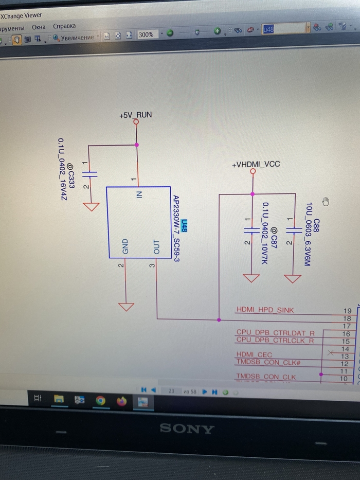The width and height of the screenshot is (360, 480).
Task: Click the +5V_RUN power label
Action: [135, 115]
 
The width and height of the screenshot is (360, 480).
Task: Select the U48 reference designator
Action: [185, 226]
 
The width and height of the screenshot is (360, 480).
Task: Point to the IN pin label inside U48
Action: [139, 194]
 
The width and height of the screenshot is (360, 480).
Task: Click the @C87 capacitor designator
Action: [274, 235]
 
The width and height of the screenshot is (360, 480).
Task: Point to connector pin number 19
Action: [347, 311]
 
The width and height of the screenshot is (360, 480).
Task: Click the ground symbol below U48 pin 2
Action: [125, 307]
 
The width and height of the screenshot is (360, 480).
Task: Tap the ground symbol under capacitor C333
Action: [91, 207]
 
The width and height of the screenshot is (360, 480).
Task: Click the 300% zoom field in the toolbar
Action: [147, 34]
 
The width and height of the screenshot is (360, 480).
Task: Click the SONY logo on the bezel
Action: [186, 428]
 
